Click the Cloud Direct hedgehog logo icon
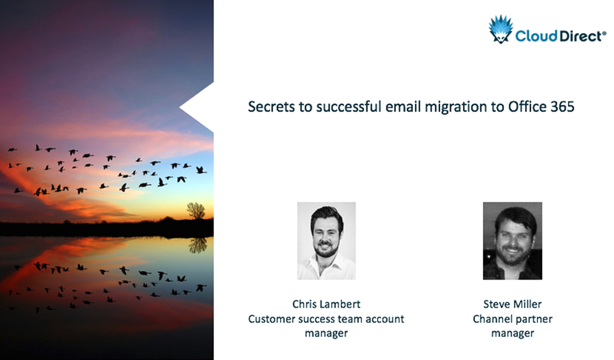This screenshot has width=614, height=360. click(501, 29)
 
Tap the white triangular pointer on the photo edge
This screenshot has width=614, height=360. click(197, 107)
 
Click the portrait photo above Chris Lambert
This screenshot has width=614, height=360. click(326, 241)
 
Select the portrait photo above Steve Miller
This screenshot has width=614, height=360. click(513, 241)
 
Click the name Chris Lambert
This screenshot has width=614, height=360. click(326, 304)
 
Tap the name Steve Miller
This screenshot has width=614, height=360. click(513, 304)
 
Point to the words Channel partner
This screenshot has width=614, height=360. click(513, 319)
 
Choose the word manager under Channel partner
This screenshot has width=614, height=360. click(513, 333)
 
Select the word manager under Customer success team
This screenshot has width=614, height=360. click(326, 333)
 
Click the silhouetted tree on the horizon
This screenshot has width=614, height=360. click(195, 211)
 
